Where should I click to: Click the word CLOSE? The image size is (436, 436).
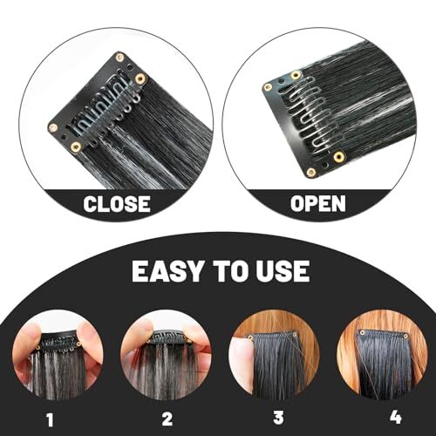[x=117, y=203]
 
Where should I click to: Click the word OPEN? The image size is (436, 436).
[x=318, y=203]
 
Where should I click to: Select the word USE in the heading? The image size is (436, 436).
[x=283, y=271]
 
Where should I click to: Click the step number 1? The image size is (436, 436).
[x=50, y=419]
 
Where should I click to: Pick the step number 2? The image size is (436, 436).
[x=167, y=419]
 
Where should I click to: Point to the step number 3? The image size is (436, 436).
[x=278, y=418]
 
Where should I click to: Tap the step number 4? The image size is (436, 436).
[x=396, y=418]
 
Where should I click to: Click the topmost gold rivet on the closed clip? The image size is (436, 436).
[x=119, y=57]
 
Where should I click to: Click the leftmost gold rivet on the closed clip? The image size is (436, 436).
[x=53, y=127]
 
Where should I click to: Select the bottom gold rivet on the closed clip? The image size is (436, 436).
[x=76, y=147]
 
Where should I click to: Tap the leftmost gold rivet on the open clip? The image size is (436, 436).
[x=268, y=86]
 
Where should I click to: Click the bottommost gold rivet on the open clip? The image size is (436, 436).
[x=311, y=173]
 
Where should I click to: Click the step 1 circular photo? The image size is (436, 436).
[x=58, y=355]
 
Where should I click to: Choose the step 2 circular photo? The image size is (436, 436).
[x=167, y=355]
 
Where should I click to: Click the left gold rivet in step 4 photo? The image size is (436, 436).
[x=362, y=333]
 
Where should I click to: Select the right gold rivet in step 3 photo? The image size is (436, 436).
[x=295, y=334]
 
